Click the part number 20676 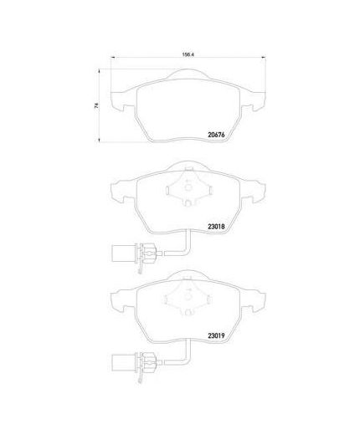click(216, 135)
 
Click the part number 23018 click(216, 227)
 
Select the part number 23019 click(216, 335)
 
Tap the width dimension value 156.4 click(188, 55)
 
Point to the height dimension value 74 click(96, 105)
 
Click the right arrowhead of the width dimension click(264, 58)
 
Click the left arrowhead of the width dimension click(113, 58)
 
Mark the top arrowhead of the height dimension click(99, 72)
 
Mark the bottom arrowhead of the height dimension click(99, 140)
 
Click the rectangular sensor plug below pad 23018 click(123, 253)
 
